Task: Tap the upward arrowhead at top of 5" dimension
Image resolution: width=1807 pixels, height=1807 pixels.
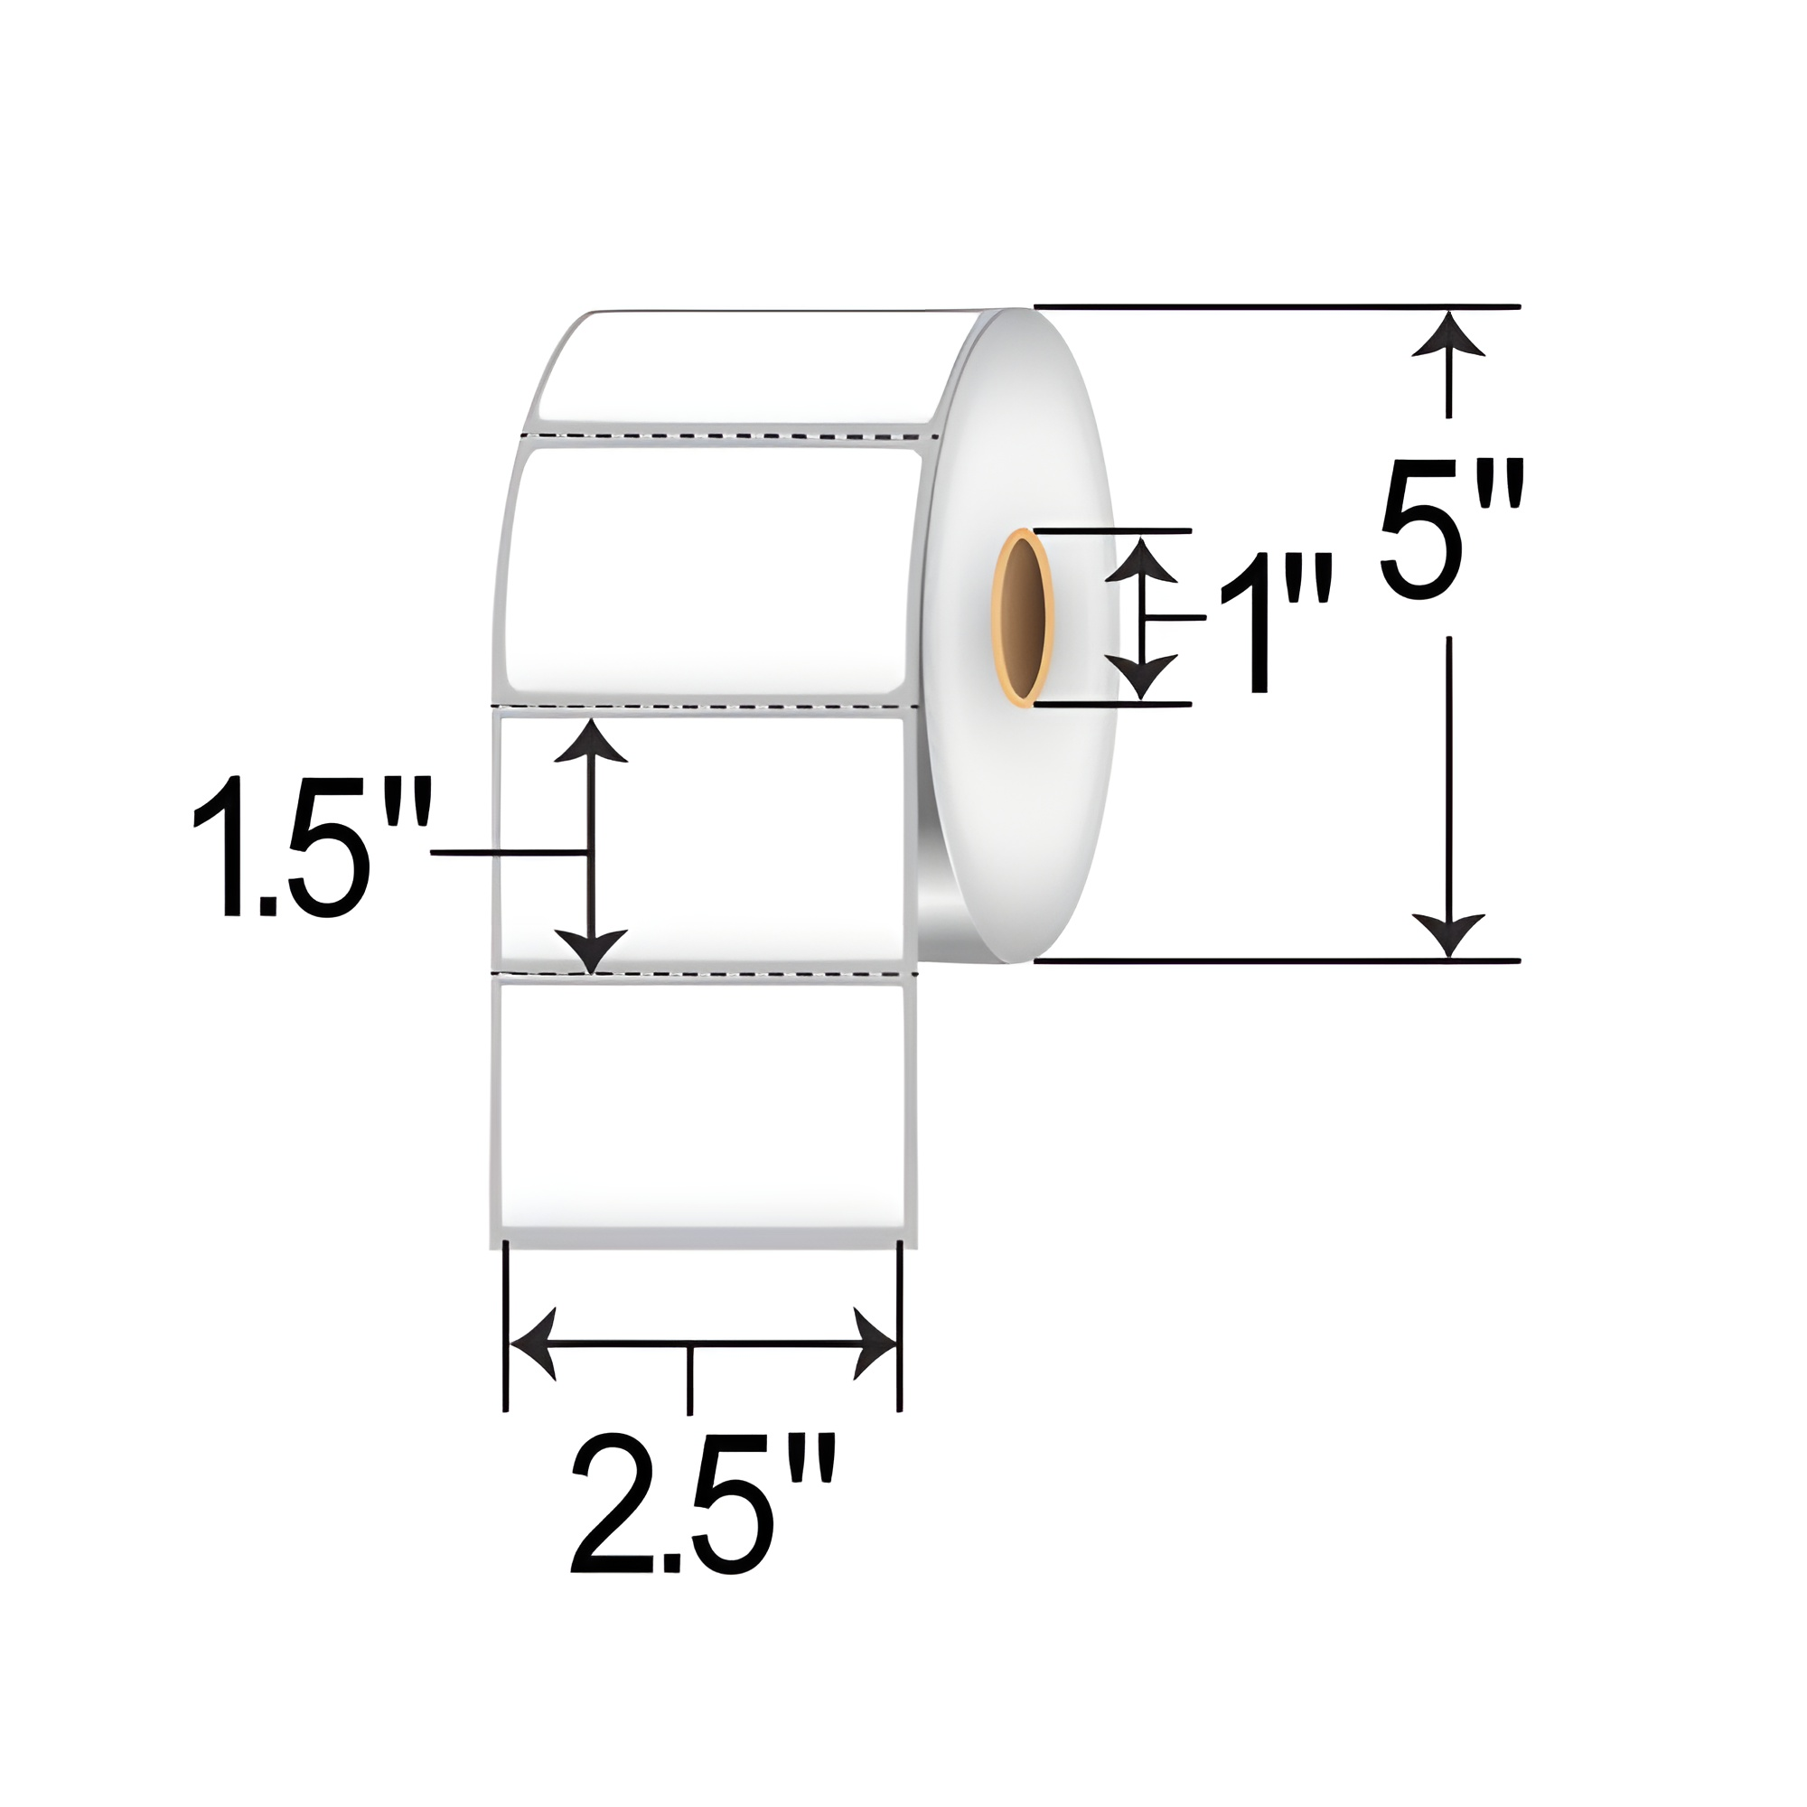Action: pos(1449,337)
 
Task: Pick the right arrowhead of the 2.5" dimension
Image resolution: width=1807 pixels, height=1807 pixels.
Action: pos(874,1345)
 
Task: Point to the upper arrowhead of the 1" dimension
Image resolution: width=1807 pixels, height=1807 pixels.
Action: pos(1141,561)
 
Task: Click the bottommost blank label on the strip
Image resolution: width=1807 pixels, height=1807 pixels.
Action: pos(701,1104)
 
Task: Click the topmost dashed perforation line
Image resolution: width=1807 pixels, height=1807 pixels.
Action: pos(729,435)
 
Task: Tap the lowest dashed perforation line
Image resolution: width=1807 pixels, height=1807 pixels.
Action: pos(707,975)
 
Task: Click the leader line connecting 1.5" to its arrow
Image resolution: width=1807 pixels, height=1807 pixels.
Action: pos(510,852)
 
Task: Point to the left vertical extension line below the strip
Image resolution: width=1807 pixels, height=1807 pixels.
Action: pos(506,1328)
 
